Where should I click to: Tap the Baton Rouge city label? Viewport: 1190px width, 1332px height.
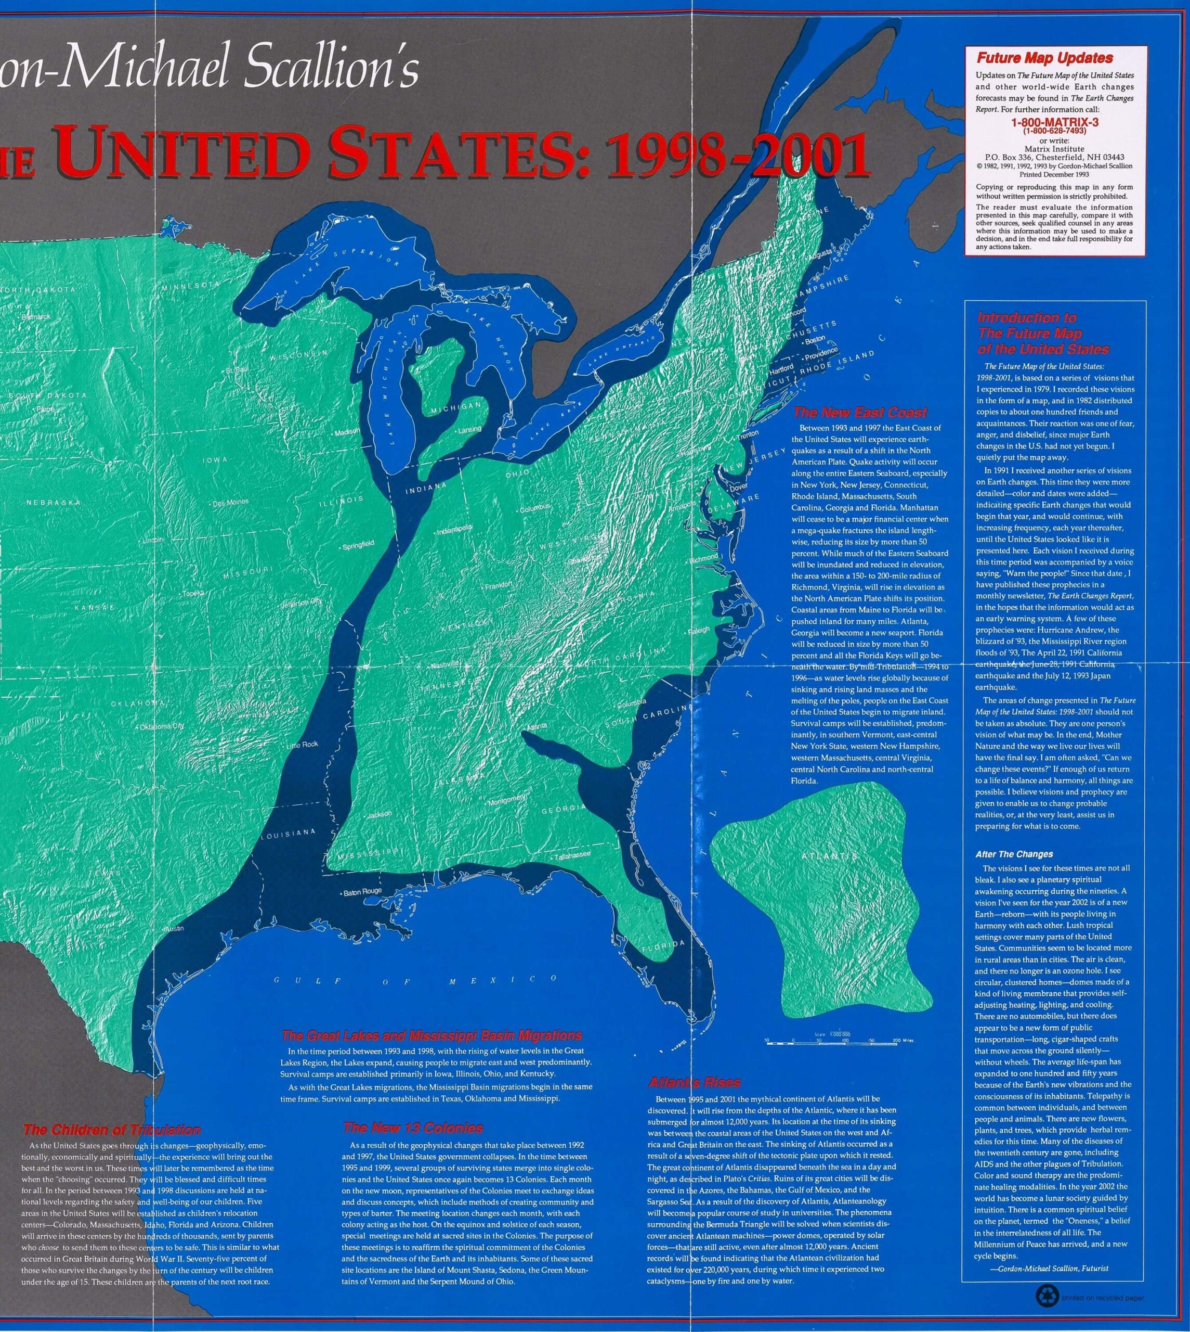[362, 892]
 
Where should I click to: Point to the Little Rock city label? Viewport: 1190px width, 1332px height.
[302, 745]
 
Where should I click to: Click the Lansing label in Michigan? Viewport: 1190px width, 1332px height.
[469, 429]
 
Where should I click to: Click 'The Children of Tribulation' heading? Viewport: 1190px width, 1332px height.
[112, 1130]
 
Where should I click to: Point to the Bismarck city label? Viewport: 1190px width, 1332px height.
[35, 317]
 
